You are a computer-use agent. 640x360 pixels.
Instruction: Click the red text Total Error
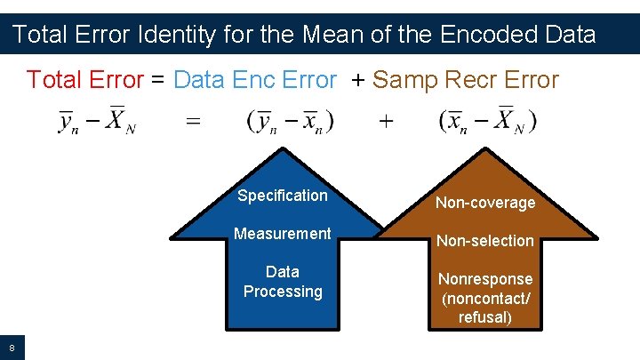pos(84,80)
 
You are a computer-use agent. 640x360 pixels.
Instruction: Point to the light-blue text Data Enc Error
pos(255,80)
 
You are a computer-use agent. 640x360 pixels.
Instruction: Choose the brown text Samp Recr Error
pos(465,80)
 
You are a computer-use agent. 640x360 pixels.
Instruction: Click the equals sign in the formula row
pos(193,121)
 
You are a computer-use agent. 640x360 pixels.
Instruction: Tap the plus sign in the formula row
pos(386,121)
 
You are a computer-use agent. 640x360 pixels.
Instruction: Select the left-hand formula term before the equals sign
pos(98,121)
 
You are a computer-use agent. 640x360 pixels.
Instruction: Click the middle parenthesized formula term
pos(291,121)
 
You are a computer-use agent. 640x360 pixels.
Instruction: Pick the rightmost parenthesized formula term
pos(487,121)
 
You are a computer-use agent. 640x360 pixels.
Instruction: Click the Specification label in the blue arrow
pos(282,196)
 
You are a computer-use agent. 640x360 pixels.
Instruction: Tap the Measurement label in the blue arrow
pos(282,234)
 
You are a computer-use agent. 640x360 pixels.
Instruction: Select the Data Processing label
pos(282,282)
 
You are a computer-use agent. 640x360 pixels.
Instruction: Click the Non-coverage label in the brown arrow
pos(485,203)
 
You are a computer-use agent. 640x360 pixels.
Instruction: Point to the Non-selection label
pos(485,241)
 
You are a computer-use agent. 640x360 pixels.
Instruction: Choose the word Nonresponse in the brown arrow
pos(485,279)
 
